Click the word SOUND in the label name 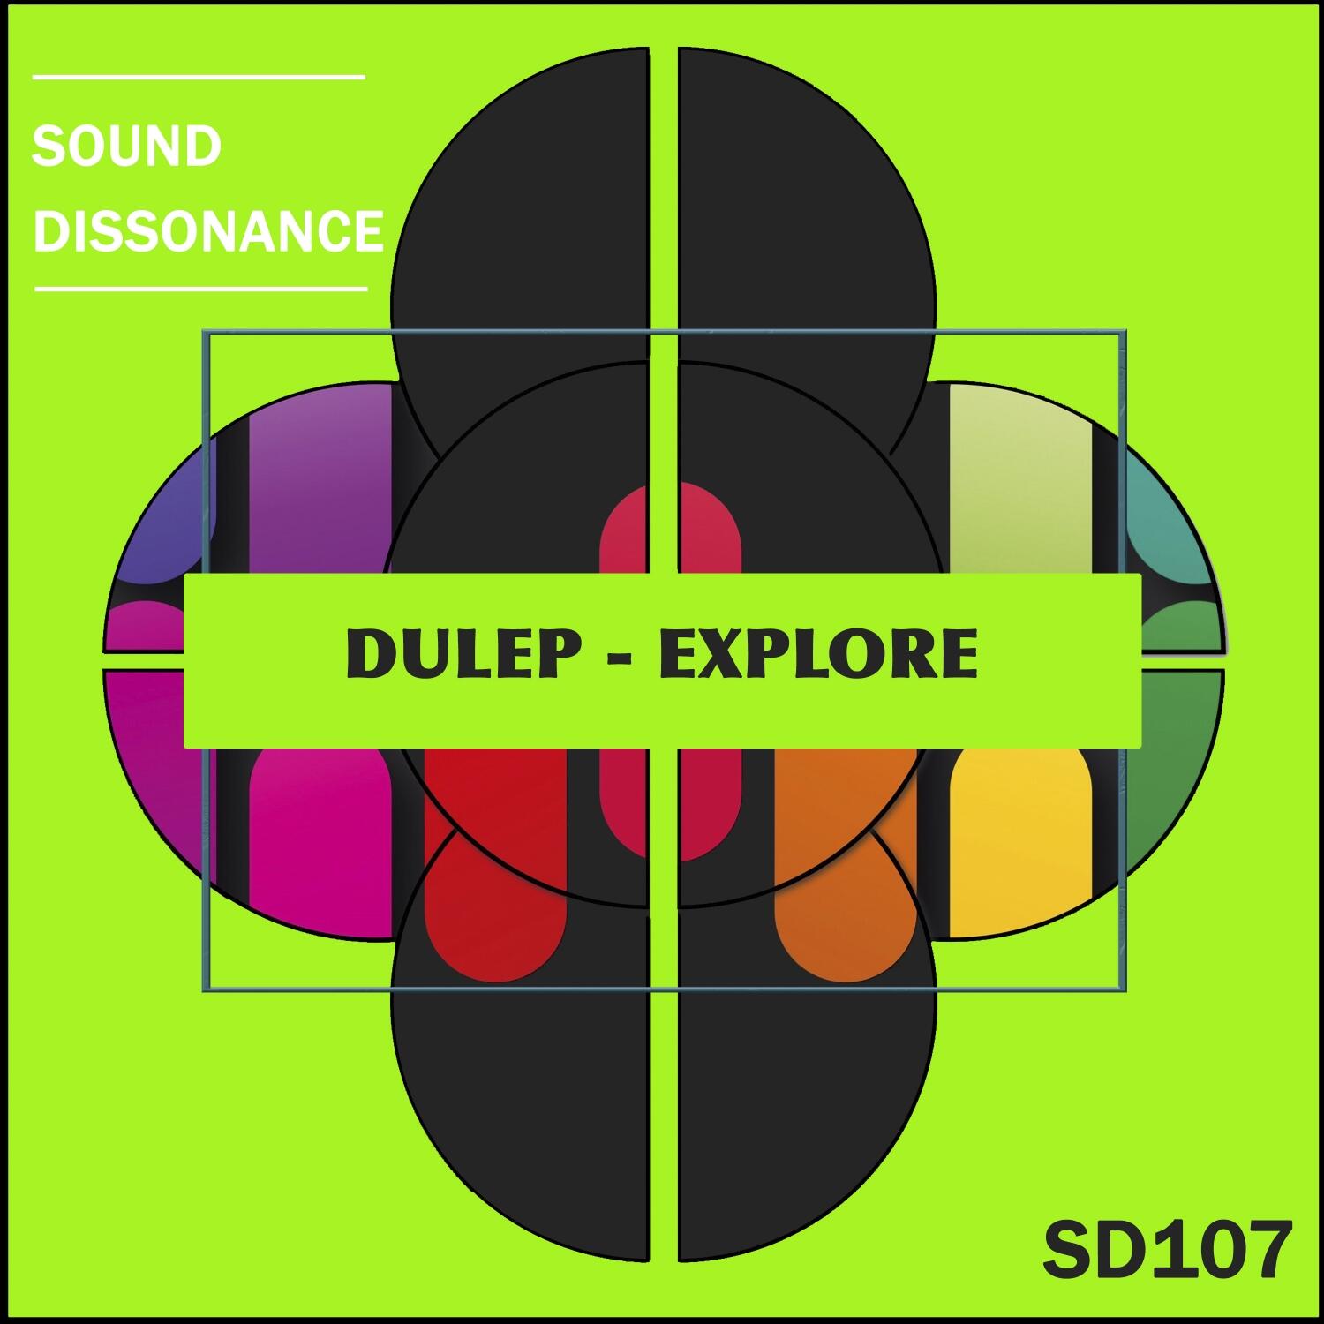point(126,147)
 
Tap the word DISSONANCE point(208,231)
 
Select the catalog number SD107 point(1167,1250)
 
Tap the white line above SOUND point(199,78)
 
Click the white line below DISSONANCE point(200,288)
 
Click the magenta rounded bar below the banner point(320,830)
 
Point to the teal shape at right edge point(1170,521)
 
